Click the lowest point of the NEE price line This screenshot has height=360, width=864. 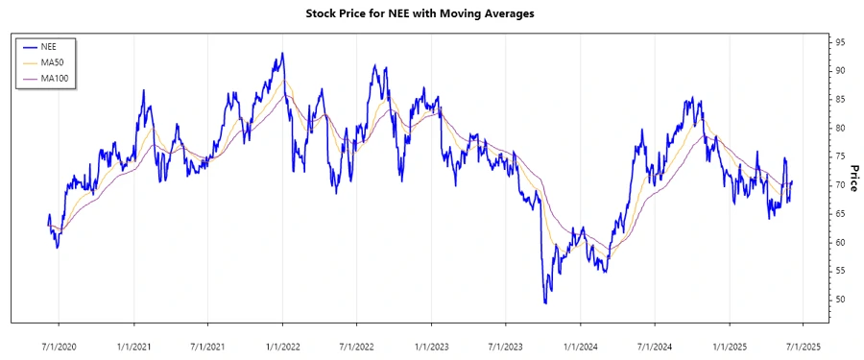click(x=546, y=303)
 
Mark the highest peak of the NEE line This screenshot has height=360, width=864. click(x=282, y=53)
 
